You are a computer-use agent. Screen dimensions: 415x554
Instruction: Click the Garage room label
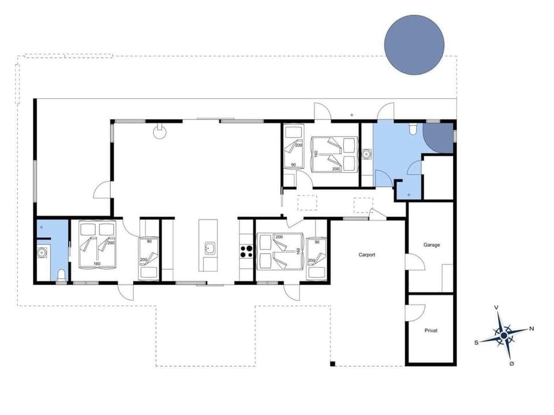point(432,245)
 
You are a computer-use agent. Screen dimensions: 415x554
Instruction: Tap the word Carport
point(367,255)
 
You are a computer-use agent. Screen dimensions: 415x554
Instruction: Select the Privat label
point(431,331)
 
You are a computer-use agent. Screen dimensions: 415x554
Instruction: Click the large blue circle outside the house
point(414,45)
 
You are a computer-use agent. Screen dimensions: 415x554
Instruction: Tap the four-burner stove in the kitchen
point(246,251)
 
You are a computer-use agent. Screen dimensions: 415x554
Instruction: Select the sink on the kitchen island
point(209,249)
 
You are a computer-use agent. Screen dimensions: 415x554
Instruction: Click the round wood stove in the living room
point(160,132)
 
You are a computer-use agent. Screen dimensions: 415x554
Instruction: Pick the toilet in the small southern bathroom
point(61,275)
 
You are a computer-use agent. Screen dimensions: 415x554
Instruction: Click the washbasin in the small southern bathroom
point(41,252)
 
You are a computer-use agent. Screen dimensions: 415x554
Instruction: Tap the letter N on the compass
point(531,328)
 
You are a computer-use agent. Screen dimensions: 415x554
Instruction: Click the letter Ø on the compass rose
point(512,363)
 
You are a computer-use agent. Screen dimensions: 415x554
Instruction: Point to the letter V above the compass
point(496,308)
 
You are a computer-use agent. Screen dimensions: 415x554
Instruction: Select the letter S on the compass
point(476,342)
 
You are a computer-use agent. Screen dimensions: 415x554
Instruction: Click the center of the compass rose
point(504,335)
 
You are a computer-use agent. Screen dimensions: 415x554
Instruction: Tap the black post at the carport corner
point(332,363)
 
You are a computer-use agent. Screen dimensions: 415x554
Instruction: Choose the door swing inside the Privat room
point(411,312)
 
